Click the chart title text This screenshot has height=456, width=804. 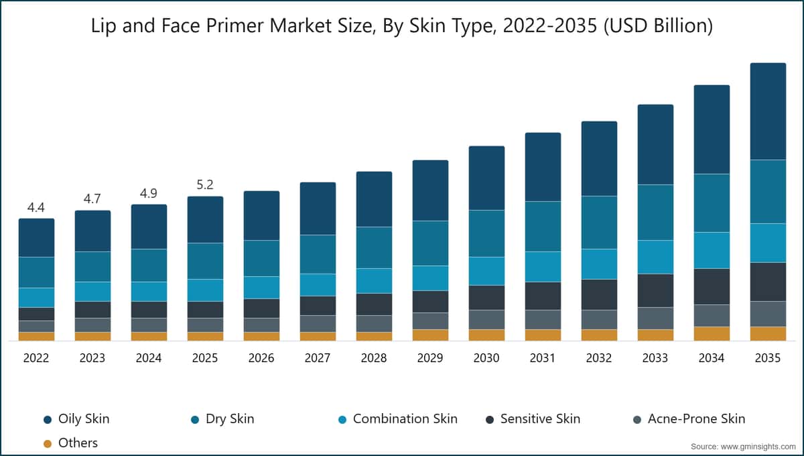(x=402, y=26)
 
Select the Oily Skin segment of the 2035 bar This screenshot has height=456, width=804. (x=768, y=111)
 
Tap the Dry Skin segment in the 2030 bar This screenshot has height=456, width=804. (x=486, y=233)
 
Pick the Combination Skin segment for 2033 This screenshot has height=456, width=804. (x=655, y=257)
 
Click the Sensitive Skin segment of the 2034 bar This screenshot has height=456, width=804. (x=712, y=286)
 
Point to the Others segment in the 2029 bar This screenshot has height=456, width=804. (x=430, y=335)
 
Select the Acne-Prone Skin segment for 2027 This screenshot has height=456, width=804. (x=318, y=323)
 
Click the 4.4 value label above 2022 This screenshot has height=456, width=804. (x=36, y=207)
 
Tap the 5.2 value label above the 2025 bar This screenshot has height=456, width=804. (x=205, y=185)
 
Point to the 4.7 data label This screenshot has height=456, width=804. (x=92, y=199)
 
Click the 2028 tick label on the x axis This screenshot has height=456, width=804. (x=374, y=358)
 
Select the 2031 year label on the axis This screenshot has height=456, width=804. (x=543, y=358)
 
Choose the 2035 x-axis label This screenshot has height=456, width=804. (x=768, y=358)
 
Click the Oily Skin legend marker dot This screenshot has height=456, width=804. (x=48, y=420)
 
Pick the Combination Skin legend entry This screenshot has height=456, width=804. (x=405, y=419)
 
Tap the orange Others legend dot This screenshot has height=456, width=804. (x=48, y=443)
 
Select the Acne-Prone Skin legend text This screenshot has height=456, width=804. (x=696, y=419)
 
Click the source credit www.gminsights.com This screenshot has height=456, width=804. (x=743, y=446)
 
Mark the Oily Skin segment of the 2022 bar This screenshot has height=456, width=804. (x=36, y=237)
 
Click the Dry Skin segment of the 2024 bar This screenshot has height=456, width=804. (x=149, y=265)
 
